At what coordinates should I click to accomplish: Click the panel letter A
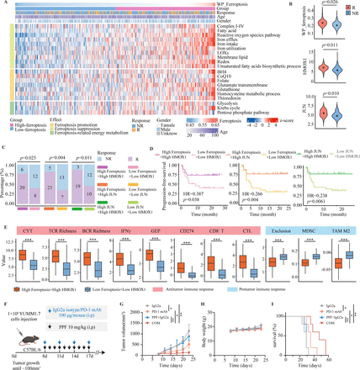pyautogui.click(x=4, y=4)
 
